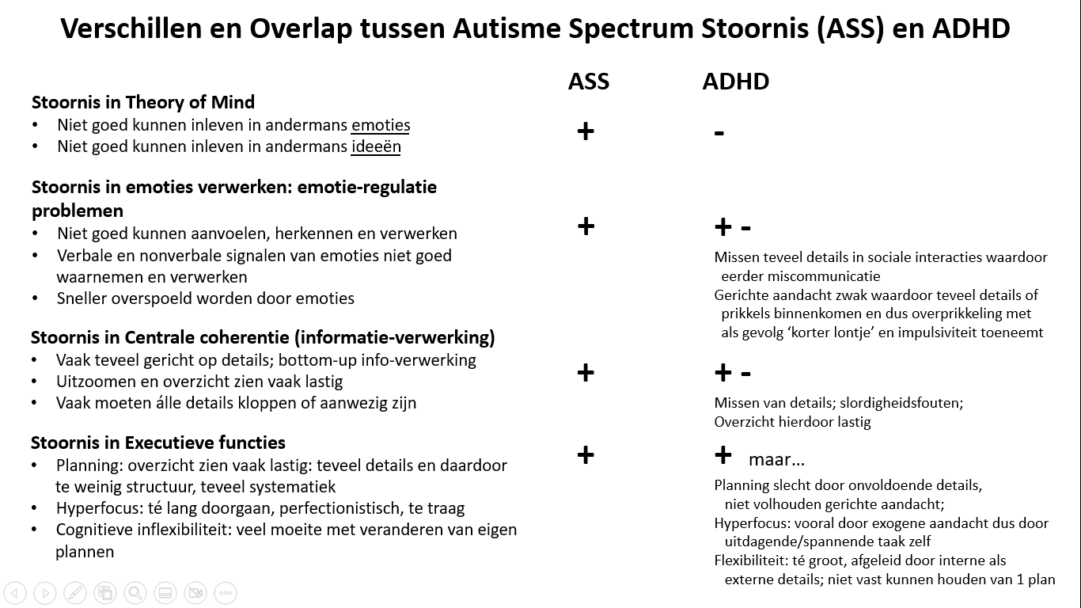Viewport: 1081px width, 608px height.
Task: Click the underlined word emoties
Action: pos(381,125)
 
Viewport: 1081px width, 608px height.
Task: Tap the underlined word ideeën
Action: pos(376,146)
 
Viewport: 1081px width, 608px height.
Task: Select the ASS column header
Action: pos(589,82)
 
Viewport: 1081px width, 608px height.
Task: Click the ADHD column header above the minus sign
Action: pos(735,82)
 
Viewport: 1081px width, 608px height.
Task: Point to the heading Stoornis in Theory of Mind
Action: pos(143,102)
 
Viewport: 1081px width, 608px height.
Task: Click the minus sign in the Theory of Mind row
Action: pos(719,133)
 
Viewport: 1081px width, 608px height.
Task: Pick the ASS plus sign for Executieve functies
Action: pos(586,454)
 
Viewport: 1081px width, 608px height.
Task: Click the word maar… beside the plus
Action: pos(776,459)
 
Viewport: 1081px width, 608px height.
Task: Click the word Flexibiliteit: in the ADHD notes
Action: pos(751,560)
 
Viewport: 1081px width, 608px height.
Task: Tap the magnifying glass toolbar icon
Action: pos(135,592)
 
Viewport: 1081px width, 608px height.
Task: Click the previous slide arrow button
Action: pos(15,592)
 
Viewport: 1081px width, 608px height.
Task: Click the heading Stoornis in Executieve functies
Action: pos(158,443)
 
